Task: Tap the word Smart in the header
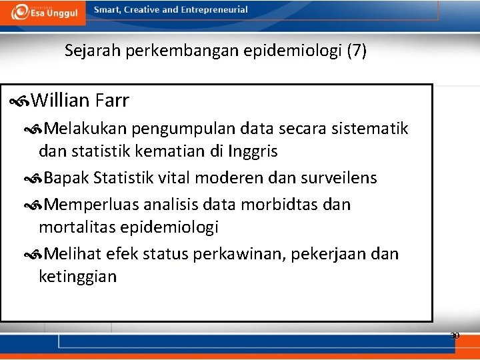[107, 10]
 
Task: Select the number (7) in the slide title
[357, 51]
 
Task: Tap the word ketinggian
[77, 277]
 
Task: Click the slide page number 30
[455, 335]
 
